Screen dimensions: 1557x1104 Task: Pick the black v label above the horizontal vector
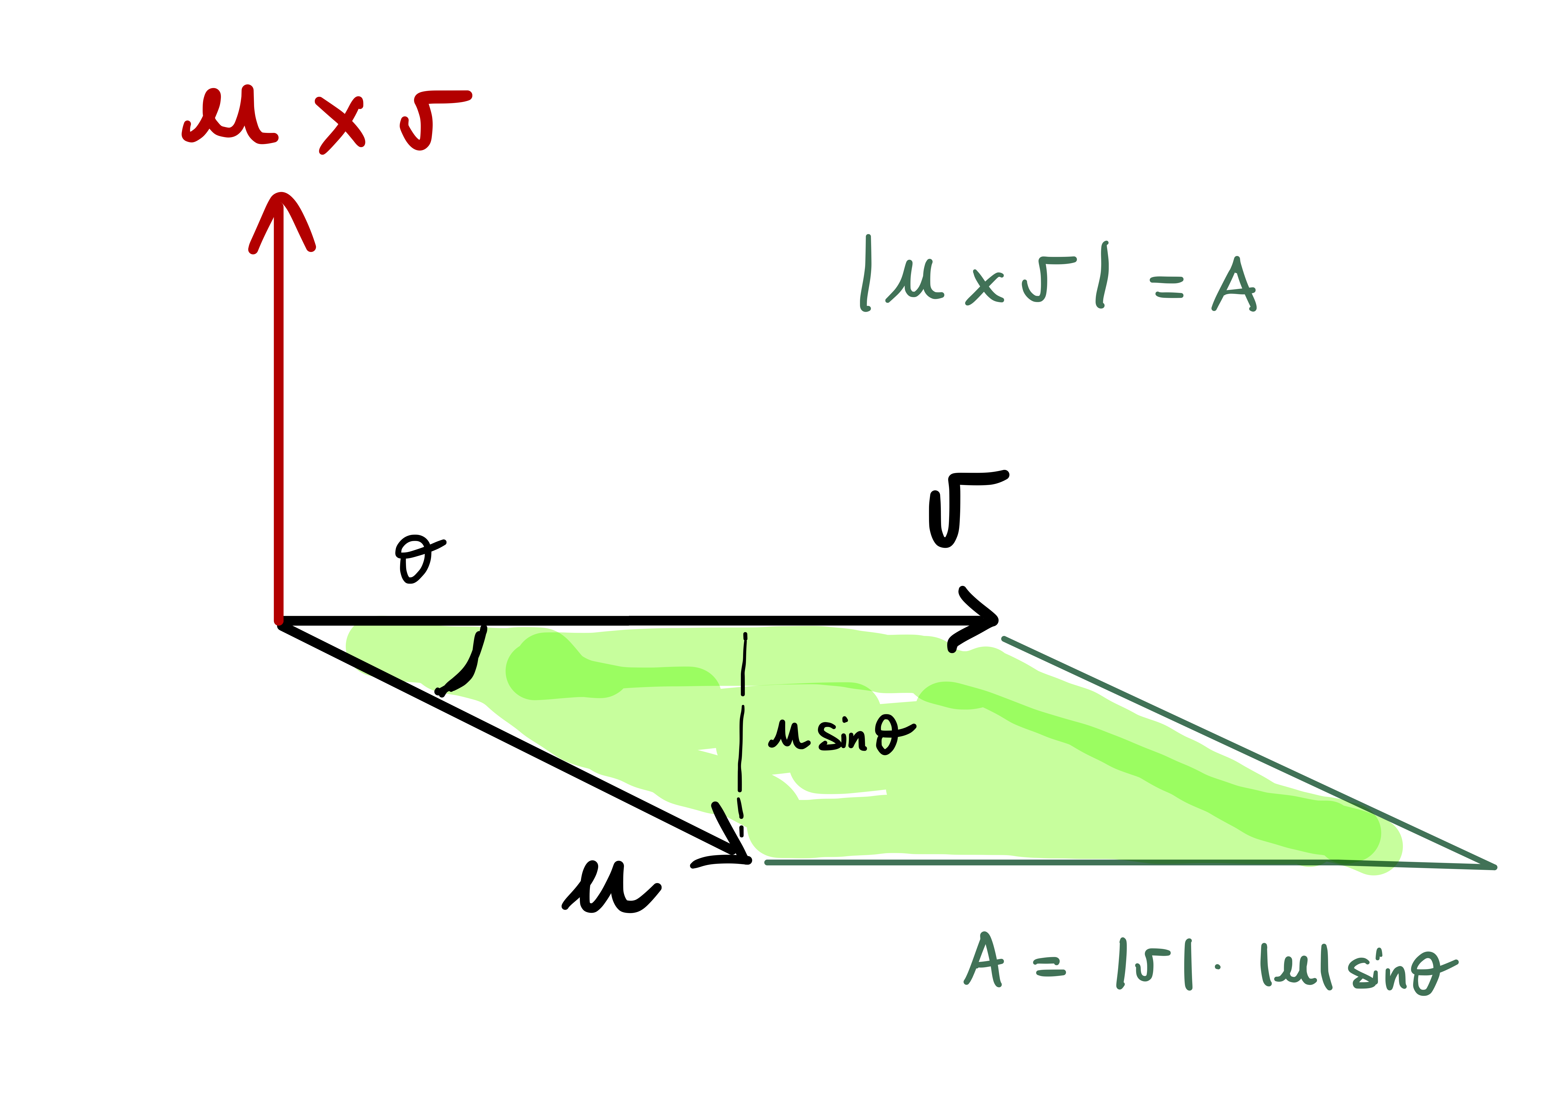pos(966,509)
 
